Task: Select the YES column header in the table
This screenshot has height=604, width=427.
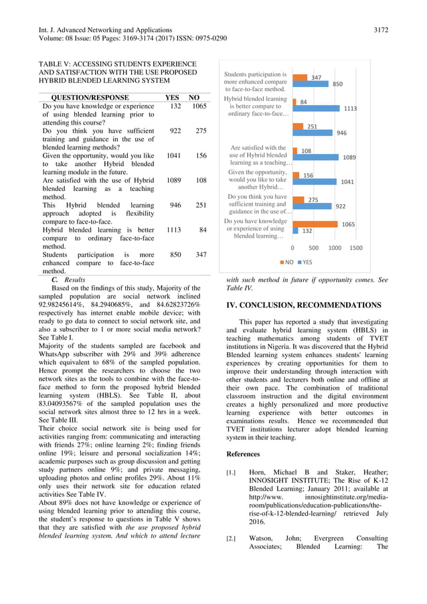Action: click(x=172, y=97)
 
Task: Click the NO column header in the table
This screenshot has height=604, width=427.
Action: click(x=194, y=97)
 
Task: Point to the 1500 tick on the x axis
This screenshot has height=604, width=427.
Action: click(x=356, y=248)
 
